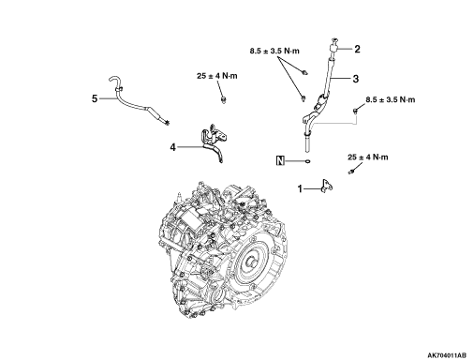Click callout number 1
300,188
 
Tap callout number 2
357,49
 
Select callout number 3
356,79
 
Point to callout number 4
172,147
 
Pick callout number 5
95,98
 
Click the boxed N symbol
280,161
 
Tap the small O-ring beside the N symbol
308,161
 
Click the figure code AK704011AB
447,355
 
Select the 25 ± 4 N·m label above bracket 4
217,76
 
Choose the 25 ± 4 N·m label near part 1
368,157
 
